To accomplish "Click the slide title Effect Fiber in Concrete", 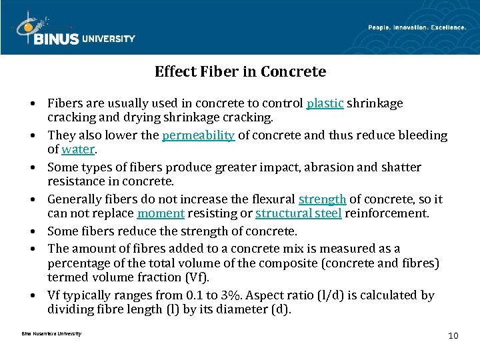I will click(x=240, y=71).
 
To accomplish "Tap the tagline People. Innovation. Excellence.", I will click(x=417, y=27).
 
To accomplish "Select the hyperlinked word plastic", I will click(x=325, y=104).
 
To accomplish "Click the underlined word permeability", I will click(x=199, y=135).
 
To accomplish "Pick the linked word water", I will click(x=79, y=149).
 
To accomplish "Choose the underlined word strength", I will click(x=322, y=199).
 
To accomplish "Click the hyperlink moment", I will click(x=161, y=213).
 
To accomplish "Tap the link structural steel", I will click(x=297, y=213).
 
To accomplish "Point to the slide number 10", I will click(x=453, y=335).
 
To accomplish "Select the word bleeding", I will click(x=425, y=135).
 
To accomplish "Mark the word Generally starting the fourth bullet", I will click(x=73, y=199).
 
